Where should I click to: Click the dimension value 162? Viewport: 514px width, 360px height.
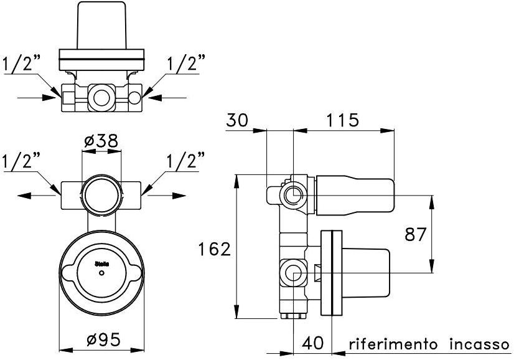pyautogui.click(x=215, y=250)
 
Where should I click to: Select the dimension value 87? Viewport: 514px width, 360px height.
pyautogui.click(x=415, y=235)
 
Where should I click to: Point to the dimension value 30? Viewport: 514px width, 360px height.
pyautogui.click(x=238, y=119)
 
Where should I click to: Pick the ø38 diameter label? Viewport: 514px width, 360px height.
pyautogui.click(x=101, y=141)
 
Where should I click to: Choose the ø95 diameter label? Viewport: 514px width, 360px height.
pyautogui.click(x=103, y=339)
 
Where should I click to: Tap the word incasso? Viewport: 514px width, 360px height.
pyautogui.click(x=480, y=344)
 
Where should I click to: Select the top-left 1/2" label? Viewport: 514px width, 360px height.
pyautogui.click(x=22, y=63)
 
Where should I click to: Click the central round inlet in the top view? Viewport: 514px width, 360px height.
pyautogui.click(x=100, y=97)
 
